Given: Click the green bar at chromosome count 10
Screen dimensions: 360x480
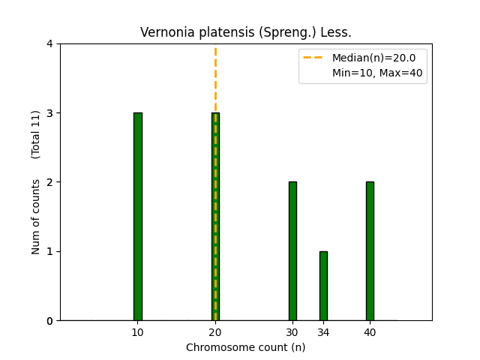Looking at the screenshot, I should click(x=138, y=217).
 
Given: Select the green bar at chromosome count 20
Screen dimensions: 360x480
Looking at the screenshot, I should click(x=215, y=217).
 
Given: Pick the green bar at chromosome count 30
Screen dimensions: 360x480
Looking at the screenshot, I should click(x=292, y=251).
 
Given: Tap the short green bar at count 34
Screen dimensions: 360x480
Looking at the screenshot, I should click(x=323, y=286).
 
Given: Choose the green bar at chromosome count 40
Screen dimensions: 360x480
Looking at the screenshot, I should click(x=370, y=251).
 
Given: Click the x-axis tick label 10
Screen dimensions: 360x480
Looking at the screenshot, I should click(x=138, y=332).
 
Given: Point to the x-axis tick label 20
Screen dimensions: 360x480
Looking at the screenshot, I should click(x=215, y=332).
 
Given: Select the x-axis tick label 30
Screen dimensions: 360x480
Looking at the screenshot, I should click(x=292, y=332).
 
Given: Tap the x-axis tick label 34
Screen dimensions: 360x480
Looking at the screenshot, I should click(x=323, y=332).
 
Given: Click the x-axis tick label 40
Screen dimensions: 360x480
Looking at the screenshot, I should click(x=370, y=332).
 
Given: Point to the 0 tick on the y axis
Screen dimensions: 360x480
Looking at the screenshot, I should click(x=49, y=321).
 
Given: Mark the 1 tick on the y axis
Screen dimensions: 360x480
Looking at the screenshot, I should click(x=49, y=251).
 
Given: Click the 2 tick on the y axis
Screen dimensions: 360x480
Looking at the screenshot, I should click(x=49, y=182).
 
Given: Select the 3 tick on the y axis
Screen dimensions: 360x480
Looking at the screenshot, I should click(x=49, y=113).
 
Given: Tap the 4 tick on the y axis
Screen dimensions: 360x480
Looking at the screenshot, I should click(x=49, y=44).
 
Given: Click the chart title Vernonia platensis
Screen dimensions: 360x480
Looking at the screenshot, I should click(x=246, y=33).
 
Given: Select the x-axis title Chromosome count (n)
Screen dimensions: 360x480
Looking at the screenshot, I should click(x=246, y=347).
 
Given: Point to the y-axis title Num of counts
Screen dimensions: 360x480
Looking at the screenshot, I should click(x=36, y=217).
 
